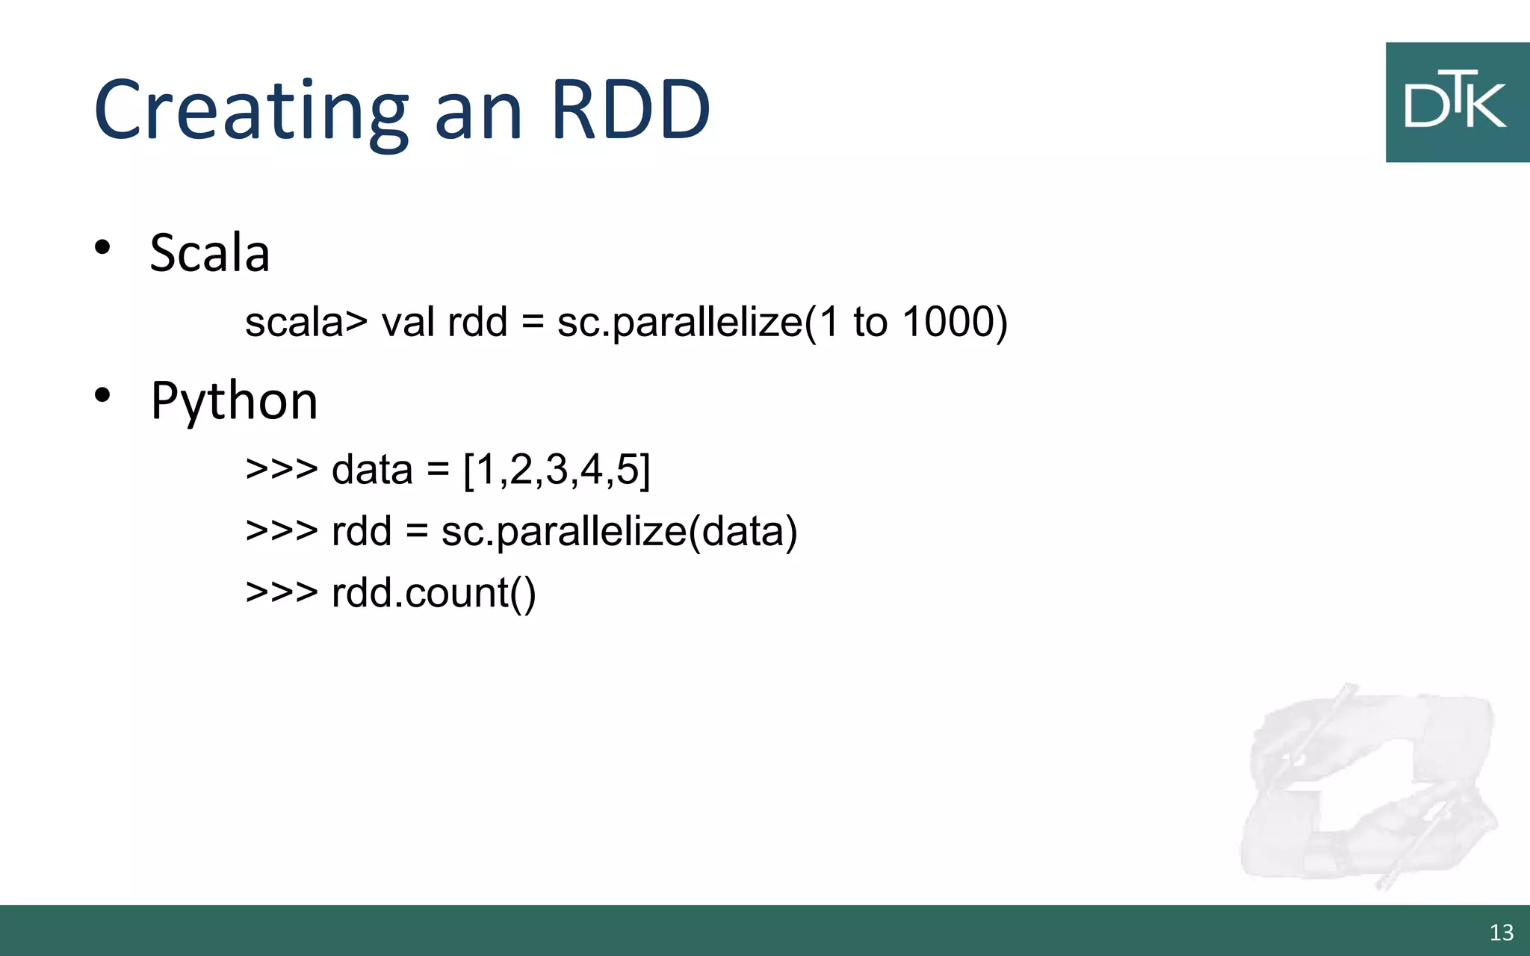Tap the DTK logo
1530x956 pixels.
pos(1457,102)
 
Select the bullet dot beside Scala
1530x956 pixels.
pos(102,247)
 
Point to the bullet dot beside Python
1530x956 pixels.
pos(102,395)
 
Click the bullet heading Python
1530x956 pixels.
pos(235,401)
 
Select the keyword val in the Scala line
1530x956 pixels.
pos(408,323)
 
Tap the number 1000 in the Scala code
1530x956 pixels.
pos(947,323)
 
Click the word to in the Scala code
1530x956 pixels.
pos(870,323)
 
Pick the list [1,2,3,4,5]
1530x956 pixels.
pos(557,471)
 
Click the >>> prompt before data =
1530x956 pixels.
pos(282,471)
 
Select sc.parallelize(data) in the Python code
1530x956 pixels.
pos(619,532)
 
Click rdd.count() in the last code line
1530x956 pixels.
pos(434,594)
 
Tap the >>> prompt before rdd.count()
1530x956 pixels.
pos(282,594)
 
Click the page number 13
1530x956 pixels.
pos(1502,932)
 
